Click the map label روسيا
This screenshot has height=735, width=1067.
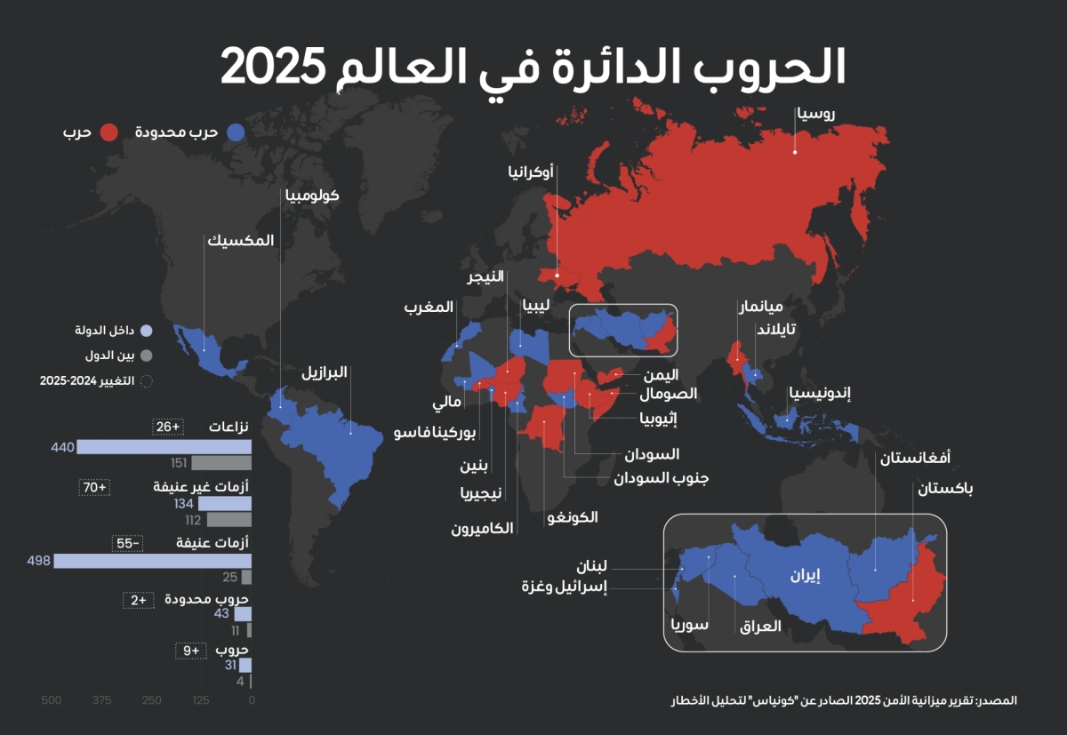pos(814,114)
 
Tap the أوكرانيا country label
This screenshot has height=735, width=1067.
pos(530,172)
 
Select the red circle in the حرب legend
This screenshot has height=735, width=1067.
pos(110,132)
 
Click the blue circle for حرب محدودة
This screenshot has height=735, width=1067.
pos(236,132)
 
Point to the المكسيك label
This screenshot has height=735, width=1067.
pos(241,241)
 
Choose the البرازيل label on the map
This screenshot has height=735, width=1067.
pos(324,373)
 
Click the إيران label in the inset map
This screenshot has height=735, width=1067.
pos(806,575)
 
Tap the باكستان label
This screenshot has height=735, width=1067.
pos(945,489)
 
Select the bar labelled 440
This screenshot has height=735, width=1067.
pos(164,447)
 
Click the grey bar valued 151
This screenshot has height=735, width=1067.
pos(221,463)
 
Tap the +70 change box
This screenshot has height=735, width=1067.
pos(94,487)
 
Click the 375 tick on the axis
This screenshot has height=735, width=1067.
pos(102,700)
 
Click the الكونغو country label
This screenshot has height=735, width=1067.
pos(574,516)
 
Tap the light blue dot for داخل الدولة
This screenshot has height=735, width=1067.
pos(147,331)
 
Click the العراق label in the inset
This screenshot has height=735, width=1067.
pos(760,626)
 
